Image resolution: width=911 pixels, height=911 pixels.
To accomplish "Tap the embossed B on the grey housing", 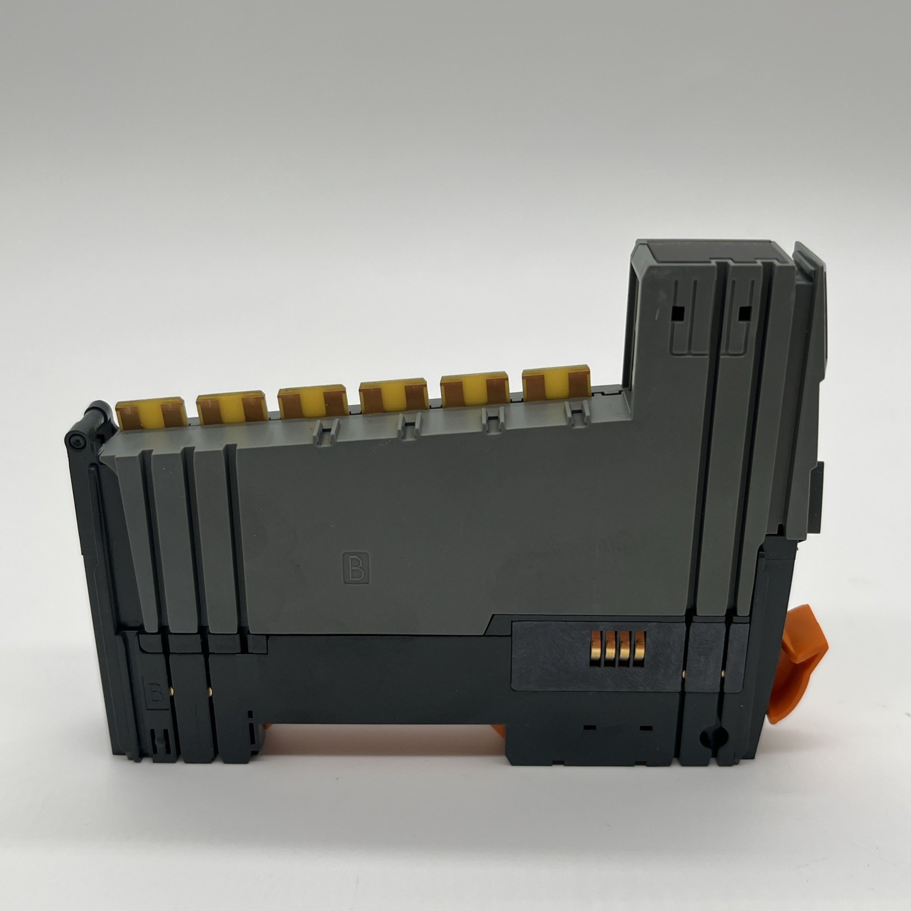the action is pyautogui.click(x=355, y=566).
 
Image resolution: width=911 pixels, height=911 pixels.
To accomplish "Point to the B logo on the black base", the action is pyautogui.click(x=154, y=692).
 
